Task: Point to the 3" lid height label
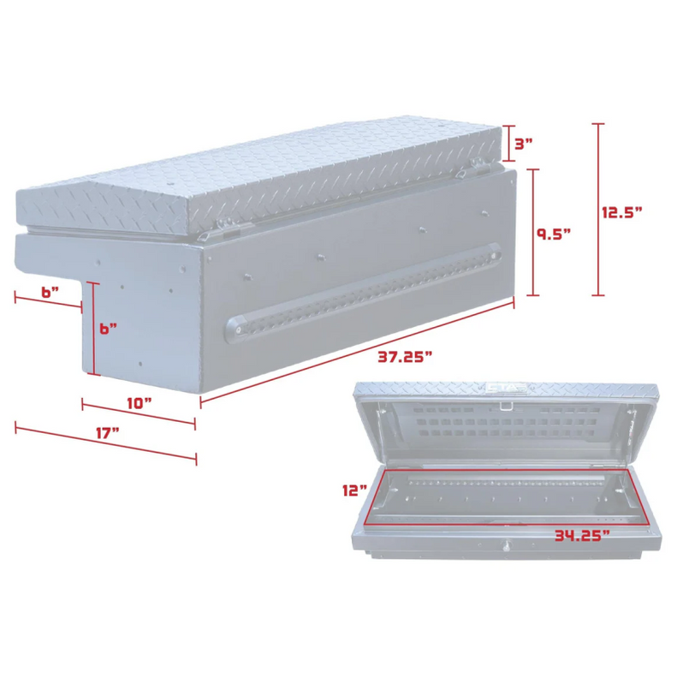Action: tap(524, 143)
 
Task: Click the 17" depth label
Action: tap(106, 433)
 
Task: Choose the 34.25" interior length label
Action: tap(581, 536)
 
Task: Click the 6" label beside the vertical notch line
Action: tap(107, 328)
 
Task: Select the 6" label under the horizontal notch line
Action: tap(50, 292)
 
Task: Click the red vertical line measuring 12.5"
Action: tap(597, 210)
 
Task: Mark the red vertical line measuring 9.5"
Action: tap(533, 232)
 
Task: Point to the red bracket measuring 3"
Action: tap(508, 143)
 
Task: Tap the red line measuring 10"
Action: tap(139, 412)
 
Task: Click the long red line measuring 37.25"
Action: tap(357, 352)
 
